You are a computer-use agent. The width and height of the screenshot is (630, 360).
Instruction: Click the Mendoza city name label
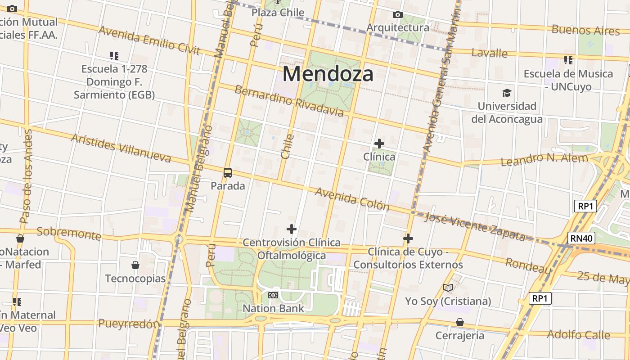(328, 74)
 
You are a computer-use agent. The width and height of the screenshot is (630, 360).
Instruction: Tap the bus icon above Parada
(228, 172)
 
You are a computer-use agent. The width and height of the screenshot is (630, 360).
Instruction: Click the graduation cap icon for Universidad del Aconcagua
(507, 93)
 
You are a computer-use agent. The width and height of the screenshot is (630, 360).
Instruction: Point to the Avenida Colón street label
(352, 199)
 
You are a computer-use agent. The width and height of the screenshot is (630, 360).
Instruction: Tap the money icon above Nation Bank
(273, 295)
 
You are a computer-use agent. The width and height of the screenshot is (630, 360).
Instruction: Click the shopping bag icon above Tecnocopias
(135, 265)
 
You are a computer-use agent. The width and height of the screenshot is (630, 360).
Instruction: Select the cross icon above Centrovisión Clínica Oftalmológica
(292, 229)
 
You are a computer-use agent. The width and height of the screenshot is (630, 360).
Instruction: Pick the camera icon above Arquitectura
(397, 15)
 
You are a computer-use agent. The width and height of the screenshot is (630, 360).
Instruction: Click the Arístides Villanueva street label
(121, 148)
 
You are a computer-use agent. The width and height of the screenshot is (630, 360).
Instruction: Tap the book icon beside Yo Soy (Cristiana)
(448, 288)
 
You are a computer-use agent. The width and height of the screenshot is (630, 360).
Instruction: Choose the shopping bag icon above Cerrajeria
(460, 322)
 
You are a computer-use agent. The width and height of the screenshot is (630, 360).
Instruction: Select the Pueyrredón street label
(129, 324)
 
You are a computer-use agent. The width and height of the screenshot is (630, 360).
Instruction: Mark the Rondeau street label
(528, 265)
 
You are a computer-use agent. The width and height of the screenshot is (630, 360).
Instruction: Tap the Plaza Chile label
(278, 13)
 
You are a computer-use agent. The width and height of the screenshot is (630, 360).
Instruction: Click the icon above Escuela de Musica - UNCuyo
(568, 60)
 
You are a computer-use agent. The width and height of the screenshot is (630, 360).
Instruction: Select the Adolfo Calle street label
(579, 335)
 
